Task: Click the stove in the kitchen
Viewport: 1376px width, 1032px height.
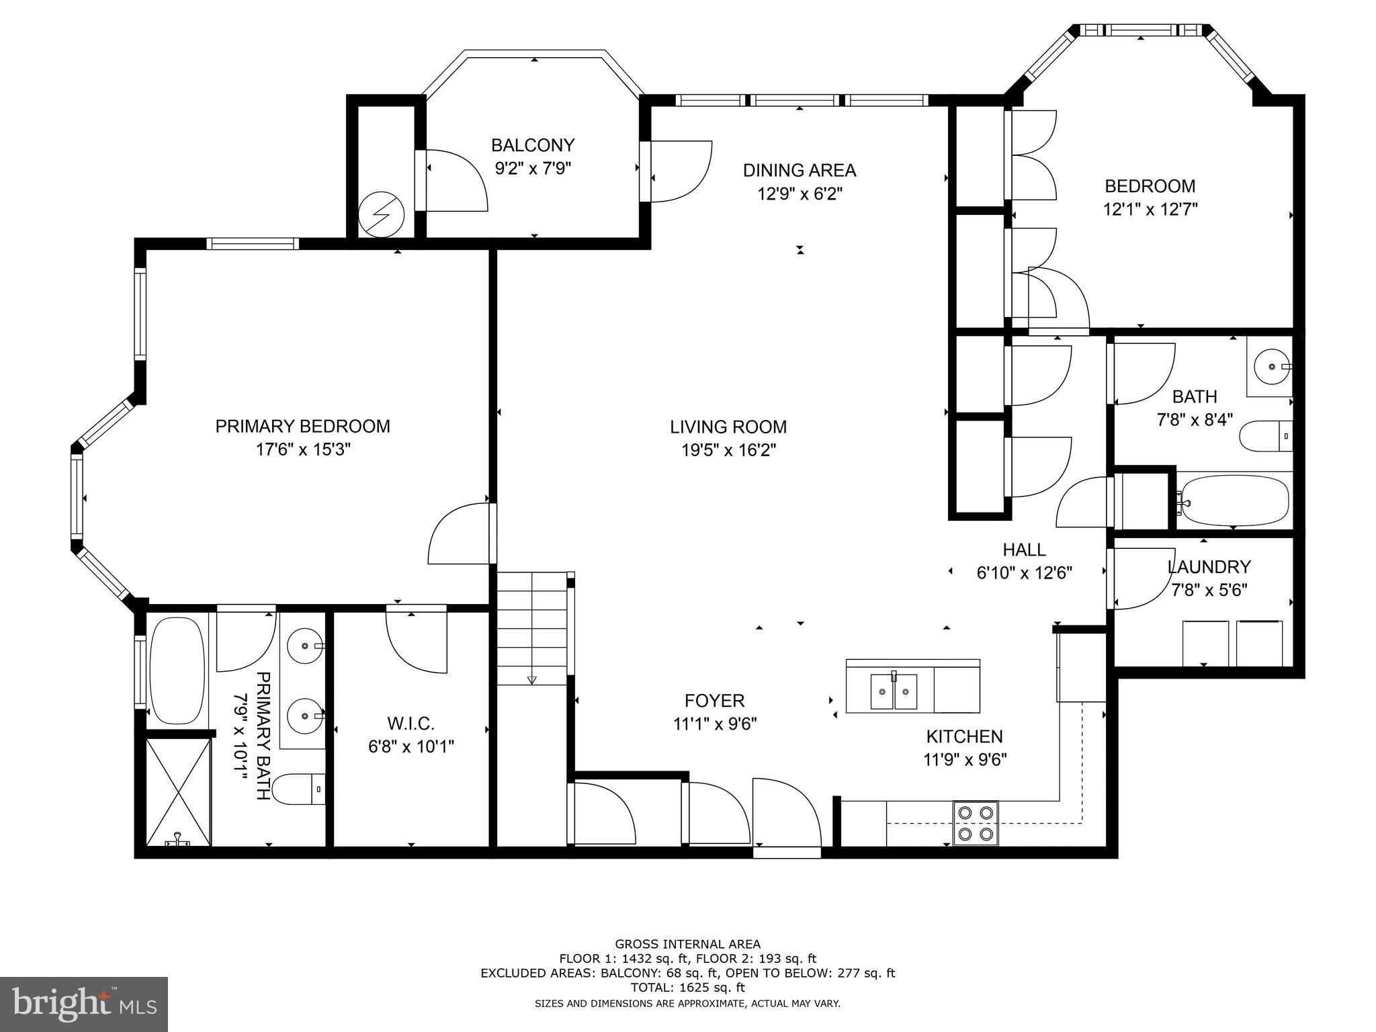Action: pyautogui.click(x=976, y=823)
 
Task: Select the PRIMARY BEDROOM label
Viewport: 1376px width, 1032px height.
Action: pyautogui.click(x=302, y=427)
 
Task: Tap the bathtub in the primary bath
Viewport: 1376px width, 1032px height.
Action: pyautogui.click(x=177, y=671)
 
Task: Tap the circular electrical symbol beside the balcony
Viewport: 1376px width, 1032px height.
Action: pyautogui.click(x=381, y=215)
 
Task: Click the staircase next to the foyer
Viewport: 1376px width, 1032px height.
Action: pyautogui.click(x=533, y=628)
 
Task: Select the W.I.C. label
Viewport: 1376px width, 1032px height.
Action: pyautogui.click(x=411, y=724)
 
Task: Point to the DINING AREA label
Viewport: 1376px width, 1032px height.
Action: pyautogui.click(x=799, y=170)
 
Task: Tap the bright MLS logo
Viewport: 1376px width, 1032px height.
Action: pyautogui.click(x=84, y=1004)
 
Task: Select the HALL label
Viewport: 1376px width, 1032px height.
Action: pyautogui.click(x=1024, y=550)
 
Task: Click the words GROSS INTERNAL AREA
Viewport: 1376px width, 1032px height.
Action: pyautogui.click(x=687, y=944)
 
